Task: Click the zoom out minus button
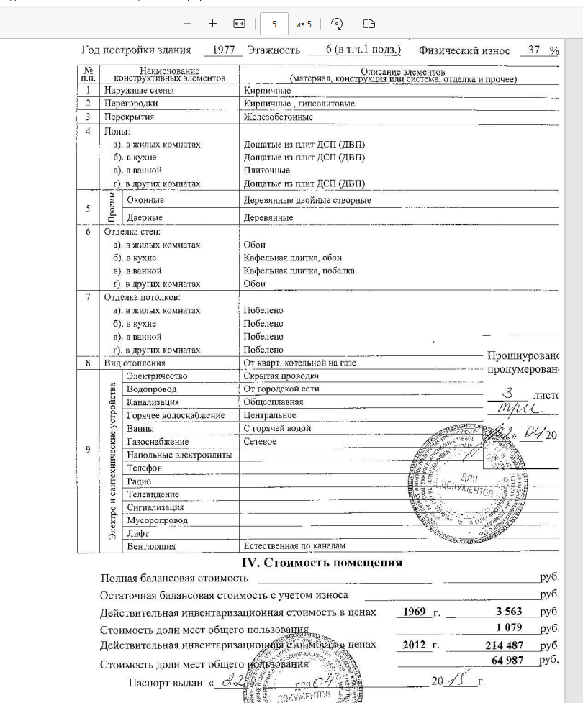[188, 24]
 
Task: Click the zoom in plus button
[212, 24]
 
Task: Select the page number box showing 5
[274, 24]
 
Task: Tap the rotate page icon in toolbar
[337, 24]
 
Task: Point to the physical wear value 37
[534, 50]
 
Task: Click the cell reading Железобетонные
[278, 117]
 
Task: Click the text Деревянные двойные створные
[307, 200]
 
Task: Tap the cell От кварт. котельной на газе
[299, 363]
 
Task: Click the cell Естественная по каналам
[289, 546]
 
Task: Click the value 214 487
[505, 645]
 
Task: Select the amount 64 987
[507, 661]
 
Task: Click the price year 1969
[414, 612]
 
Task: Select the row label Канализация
[153, 402]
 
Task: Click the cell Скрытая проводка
[281, 376]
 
